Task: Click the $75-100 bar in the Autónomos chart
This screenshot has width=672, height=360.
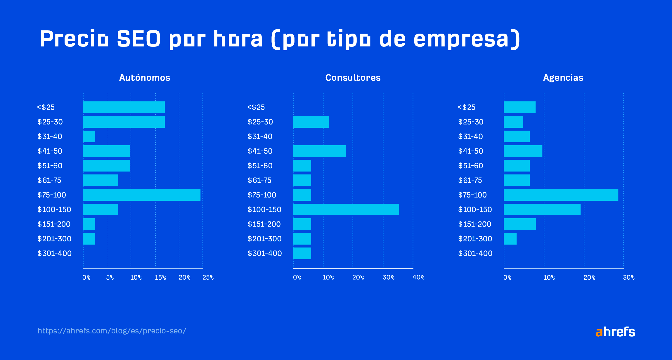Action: pos(142,195)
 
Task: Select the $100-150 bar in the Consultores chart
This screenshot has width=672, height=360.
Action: pos(346,210)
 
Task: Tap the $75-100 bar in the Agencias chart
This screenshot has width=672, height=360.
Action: pos(561,195)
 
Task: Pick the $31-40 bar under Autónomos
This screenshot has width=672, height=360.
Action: pos(89,136)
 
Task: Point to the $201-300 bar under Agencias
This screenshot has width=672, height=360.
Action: pos(510,239)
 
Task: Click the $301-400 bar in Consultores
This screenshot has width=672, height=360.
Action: pos(302,253)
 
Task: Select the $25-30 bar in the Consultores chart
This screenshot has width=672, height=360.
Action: pos(311,122)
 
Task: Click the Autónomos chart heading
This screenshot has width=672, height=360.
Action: pos(145,78)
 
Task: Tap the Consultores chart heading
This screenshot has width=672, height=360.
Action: pos(353,78)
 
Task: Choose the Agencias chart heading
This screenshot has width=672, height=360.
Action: pos(563,78)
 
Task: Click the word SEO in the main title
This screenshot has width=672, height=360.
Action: pos(139,39)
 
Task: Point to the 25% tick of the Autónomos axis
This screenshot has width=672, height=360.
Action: pos(208,277)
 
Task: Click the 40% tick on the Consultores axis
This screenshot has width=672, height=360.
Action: pos(418,277)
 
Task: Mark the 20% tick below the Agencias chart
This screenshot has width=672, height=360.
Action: pos(589,277)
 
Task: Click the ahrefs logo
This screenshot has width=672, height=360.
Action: pos(615,332)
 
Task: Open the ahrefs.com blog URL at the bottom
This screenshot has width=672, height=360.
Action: pos(112,331)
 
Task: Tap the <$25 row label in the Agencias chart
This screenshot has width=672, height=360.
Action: pos(467,107)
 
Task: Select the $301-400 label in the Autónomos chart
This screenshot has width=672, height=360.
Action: pos(54,253)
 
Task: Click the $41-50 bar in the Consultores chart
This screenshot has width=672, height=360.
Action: pos(319,151)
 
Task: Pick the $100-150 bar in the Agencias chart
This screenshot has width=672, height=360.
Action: pos(542,210)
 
